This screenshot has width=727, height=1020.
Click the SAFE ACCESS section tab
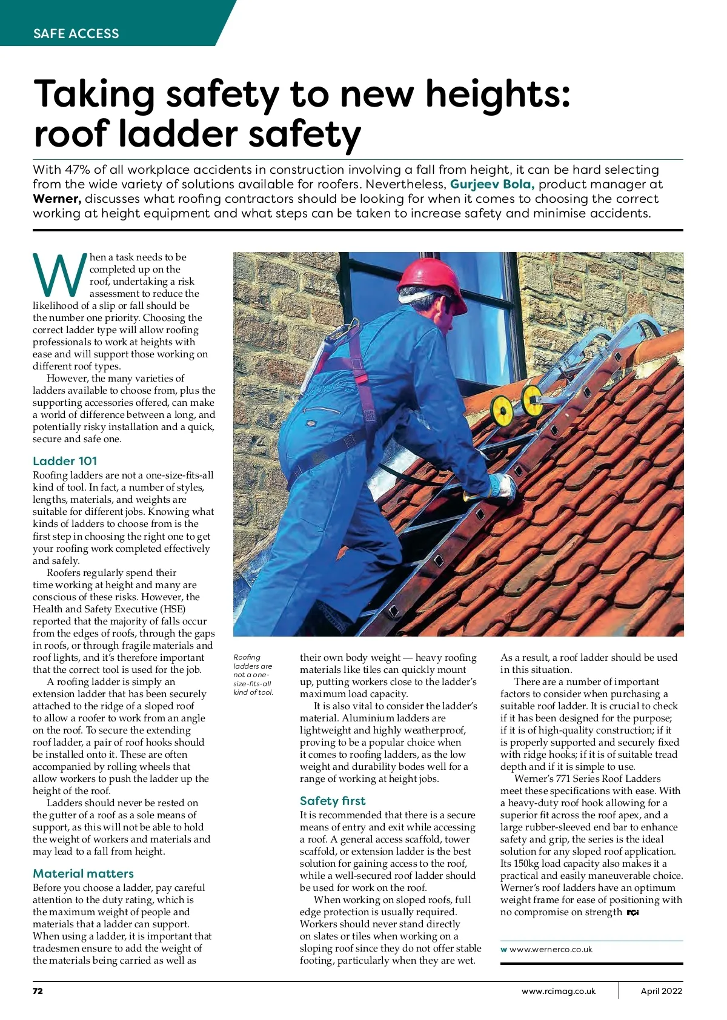point(76,34)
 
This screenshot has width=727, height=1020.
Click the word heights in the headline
point(497,94)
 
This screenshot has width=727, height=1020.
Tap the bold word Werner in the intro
point(56,199)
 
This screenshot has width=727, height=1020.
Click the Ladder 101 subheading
point(65,461)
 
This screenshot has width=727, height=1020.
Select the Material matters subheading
point(83,873)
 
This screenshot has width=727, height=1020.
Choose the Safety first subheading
point(333,801)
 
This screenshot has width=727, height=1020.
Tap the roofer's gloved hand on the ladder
point(502,486)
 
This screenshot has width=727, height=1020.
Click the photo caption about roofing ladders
point(253,674)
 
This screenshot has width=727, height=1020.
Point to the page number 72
point(38,991)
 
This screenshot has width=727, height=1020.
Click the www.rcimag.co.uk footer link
point(559,991)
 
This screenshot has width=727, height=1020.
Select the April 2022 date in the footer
point(662,991)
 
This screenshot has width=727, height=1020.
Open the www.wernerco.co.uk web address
point(551,949)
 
